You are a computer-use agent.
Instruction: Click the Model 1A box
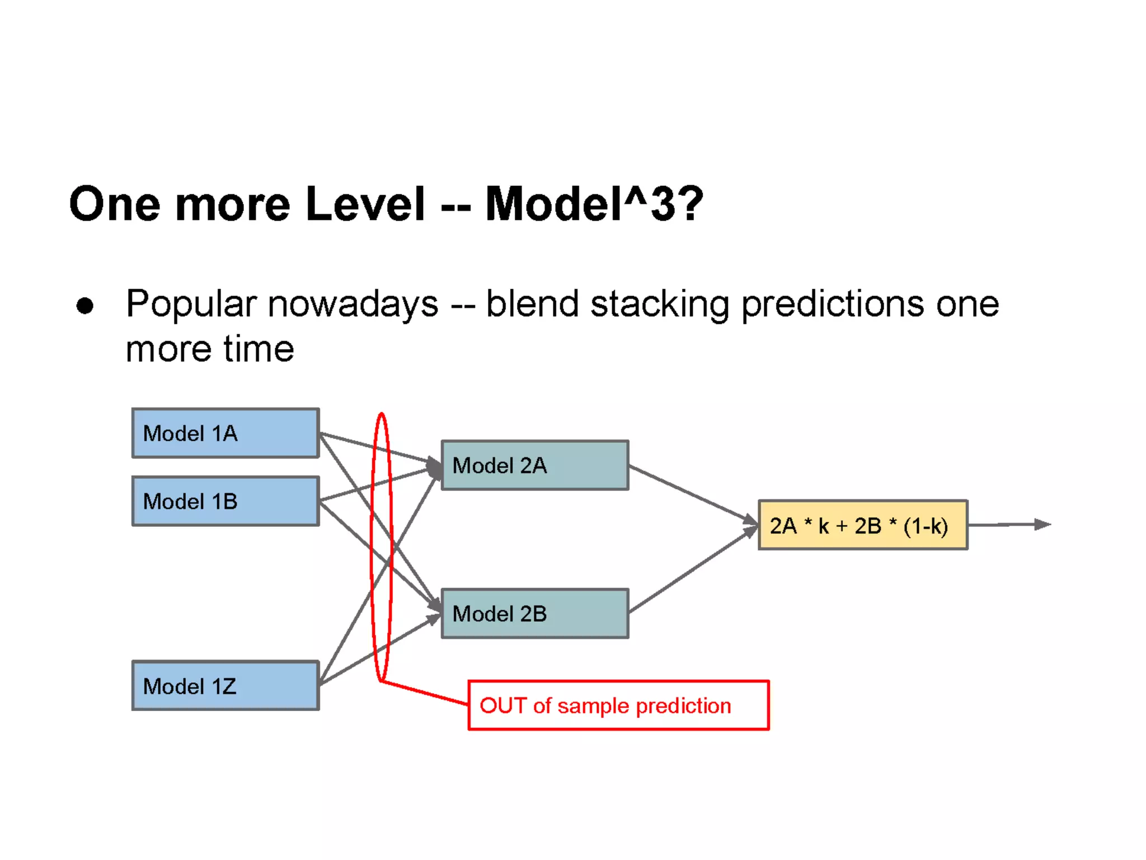(x=226, y=433)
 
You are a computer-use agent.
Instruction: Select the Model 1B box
(x=226, y=501)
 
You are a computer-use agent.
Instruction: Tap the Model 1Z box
(x=226, y=686)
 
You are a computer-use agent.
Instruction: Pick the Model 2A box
(x=535, y=465)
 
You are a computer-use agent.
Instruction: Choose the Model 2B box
(x=535, y=614)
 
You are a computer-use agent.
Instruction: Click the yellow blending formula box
(x=862, y=525)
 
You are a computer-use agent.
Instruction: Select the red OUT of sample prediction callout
(x=618, y=705)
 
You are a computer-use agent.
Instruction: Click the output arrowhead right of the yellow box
(x=1042, y=525)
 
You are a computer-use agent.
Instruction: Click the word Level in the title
(x=365, y=204)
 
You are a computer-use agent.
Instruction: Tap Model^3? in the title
(x=594, y=204)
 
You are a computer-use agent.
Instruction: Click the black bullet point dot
(x=85, y=306)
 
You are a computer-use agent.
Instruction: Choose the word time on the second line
(x=259, y=349)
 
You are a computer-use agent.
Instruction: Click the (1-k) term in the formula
(x=926, y=526)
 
